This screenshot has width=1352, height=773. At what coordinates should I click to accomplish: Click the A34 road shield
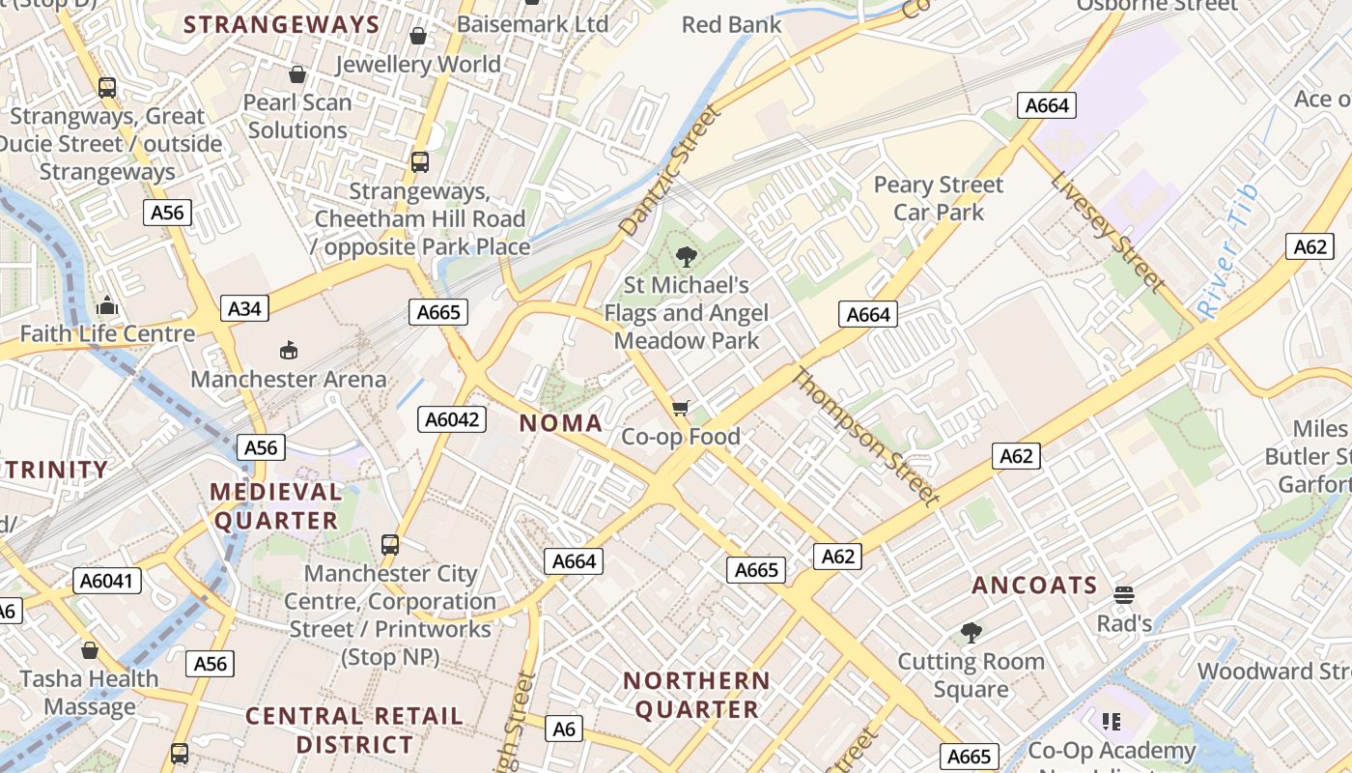click(244, 308)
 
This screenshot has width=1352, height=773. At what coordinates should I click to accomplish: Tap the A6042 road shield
click(452, 418)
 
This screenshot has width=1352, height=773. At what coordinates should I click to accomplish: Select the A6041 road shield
click(108, 581)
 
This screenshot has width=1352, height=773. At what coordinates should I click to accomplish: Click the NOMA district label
click(561, 422)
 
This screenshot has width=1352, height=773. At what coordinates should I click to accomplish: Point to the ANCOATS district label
click(1034, 585)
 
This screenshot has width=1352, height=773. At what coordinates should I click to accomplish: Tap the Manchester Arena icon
click(288, 350)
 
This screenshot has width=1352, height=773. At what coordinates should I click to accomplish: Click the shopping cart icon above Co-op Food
click(680, 409)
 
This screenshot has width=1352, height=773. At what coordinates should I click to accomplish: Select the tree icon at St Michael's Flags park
click(687, 256)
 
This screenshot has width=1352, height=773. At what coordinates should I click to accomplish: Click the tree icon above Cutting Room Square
click(972, 633)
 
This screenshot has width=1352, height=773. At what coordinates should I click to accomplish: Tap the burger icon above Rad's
click(1123, 594)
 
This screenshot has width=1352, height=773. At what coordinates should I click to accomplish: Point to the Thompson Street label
click(864, 437)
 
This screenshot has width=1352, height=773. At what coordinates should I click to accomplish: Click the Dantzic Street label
click(670, 171)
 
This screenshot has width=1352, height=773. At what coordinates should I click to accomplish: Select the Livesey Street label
click(1107, 231)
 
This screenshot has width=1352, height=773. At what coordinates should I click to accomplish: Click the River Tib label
click(1228, 253)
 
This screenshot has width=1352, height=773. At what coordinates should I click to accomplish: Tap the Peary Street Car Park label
click(938, 198)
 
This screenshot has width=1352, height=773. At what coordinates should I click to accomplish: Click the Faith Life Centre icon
click(107, 306)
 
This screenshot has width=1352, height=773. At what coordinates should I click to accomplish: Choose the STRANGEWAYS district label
click(281, 24)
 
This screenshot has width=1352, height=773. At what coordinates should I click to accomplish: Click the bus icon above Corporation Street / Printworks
click(390, 545)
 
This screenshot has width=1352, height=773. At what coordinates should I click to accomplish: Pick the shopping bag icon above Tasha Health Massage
click(90, 650)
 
